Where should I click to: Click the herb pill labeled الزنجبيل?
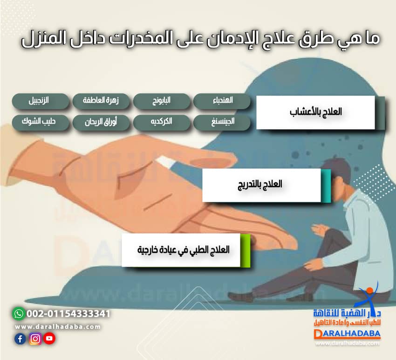point(41,101)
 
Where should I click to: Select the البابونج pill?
point(162,101)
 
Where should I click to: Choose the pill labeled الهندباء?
point(222,101)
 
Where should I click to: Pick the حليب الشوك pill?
point(41,123)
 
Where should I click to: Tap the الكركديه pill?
point(162,123)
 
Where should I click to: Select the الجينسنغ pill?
point(222,123)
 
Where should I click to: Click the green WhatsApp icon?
point(18,313)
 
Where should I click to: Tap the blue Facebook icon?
point(20,339)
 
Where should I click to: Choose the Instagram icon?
point(35,339)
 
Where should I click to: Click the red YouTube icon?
point(49,339)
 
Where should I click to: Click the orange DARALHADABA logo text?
point(347,334)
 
